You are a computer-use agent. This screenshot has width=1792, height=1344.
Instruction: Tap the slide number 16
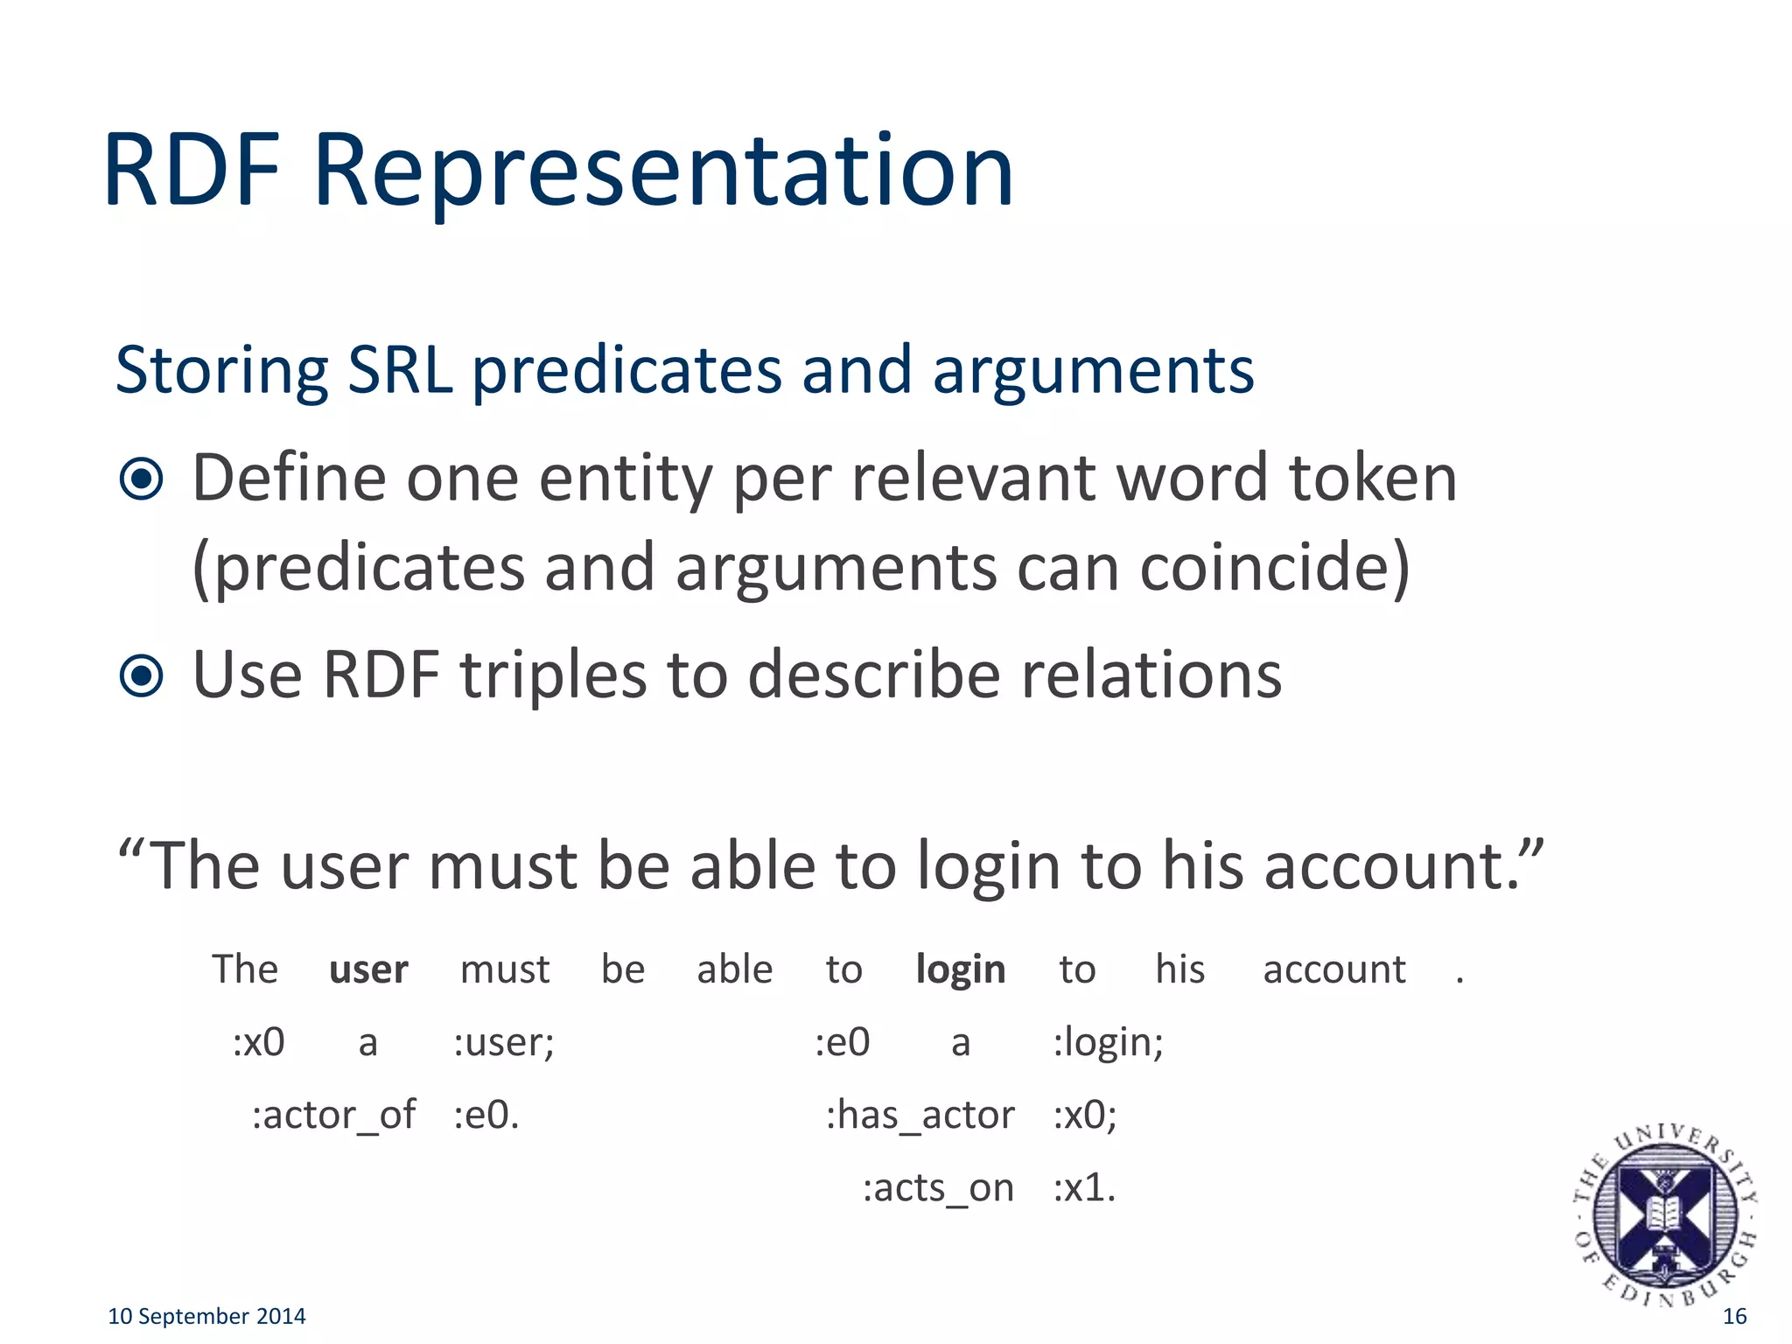coord(1734,1316)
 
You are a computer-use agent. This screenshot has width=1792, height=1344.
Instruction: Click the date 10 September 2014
coord(206,1316)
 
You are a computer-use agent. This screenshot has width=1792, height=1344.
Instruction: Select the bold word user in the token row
coord(368,969)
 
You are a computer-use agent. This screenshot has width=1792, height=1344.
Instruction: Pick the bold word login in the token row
coord(960,969)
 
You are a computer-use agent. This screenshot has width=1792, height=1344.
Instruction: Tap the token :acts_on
coord(938,1188)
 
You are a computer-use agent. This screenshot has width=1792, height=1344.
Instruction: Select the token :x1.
coord(1084,1188)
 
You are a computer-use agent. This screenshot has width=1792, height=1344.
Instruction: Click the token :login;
coord(1108,1042)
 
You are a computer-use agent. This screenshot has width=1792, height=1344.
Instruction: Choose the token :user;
coord(503,1042)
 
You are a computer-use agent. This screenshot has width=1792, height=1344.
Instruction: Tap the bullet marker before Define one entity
coord(142,479)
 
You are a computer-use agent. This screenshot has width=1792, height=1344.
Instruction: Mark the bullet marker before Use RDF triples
coord(142,675)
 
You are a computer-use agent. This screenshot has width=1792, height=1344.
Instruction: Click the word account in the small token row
coord(1333,969)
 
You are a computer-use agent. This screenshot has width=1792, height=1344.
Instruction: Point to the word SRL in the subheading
coord(400,370)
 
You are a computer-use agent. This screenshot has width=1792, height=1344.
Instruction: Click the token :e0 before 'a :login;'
coord(842,1042)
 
